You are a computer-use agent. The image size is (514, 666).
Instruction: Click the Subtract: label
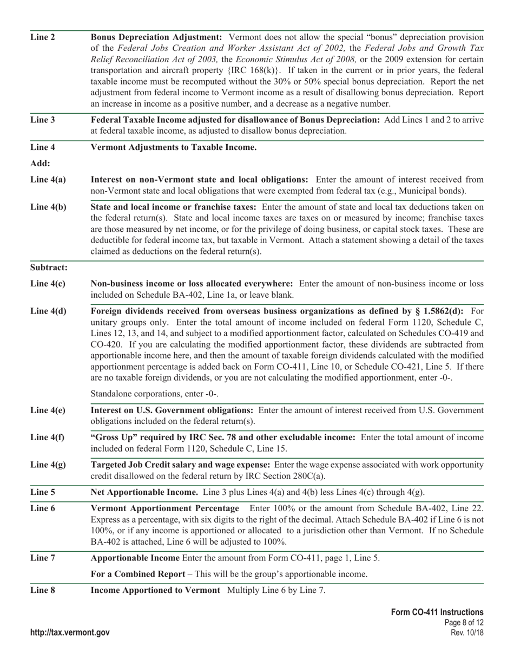point(49,267)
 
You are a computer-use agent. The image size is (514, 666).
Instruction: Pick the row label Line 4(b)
point(48,207)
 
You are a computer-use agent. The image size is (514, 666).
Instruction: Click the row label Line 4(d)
point(48,311)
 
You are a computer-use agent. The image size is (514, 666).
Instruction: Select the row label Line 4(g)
point(48,465)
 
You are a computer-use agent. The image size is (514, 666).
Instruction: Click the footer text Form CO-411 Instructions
point(437,612)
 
